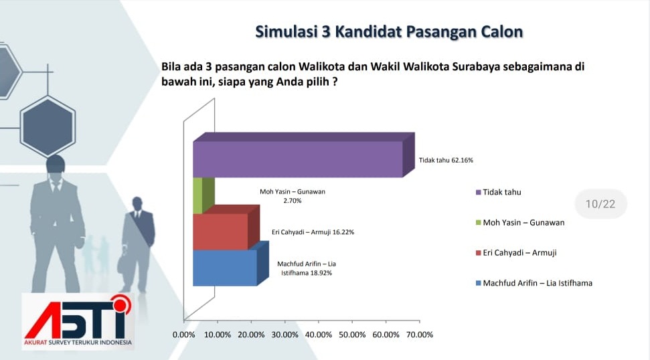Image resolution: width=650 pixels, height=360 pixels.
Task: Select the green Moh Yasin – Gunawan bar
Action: [203, 196]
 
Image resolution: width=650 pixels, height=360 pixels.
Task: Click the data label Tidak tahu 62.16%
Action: [446, 161]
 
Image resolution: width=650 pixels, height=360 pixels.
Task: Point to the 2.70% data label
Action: [293, 201]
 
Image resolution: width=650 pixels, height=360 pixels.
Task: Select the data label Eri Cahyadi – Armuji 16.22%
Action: [313, 232]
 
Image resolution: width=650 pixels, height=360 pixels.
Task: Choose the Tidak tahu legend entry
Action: [498, 192]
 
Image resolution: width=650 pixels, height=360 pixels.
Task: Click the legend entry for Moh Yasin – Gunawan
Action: [520, 222]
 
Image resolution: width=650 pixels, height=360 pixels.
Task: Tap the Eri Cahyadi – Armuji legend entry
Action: [516, 253]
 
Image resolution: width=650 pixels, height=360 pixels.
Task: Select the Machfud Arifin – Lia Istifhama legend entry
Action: [534, 283]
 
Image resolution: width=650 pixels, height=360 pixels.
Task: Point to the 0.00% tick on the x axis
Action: [183, 335]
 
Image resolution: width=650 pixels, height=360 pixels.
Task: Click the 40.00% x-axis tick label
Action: [319, 335]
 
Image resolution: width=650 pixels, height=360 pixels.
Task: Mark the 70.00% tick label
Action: [420, 335]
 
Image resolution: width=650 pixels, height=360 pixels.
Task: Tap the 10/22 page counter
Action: [600, 204]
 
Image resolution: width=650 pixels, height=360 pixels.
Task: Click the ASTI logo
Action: [78, 321]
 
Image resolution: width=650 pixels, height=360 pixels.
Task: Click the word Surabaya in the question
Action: [476, 67]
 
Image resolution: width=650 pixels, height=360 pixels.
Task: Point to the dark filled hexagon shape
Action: [48, 126]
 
